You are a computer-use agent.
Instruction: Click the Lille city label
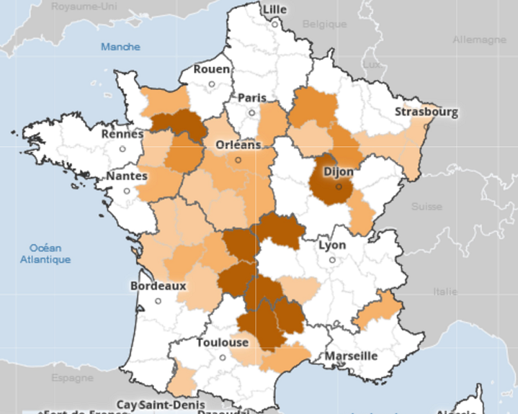[x=274, y=9]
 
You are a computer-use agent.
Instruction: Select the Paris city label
[x=252, y=98]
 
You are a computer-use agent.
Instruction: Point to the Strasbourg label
[x=426, y=112]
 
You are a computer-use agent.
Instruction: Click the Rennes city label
[x=122, y=134]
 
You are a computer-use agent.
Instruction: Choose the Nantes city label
[x=126, y=176]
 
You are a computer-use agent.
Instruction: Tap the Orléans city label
[x=238, y=144]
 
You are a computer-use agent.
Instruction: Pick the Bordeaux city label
[x=158, y=285]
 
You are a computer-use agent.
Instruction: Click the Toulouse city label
[x=222, y=343]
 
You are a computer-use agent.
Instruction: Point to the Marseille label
[x=352, y=356]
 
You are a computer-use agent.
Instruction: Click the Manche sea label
[x=120, y=47]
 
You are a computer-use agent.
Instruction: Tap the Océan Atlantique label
[x=46, y=254]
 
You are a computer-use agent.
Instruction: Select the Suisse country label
[x=426, y=207]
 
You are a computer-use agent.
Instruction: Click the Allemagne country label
[x=479, y=40]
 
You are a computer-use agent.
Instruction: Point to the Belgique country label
[x=325, y=24]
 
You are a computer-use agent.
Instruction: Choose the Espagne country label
[x=72, y=378]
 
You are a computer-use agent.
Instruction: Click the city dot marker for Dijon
[x=339, y=186]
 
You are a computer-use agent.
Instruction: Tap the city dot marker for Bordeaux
[x=158, y=301]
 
